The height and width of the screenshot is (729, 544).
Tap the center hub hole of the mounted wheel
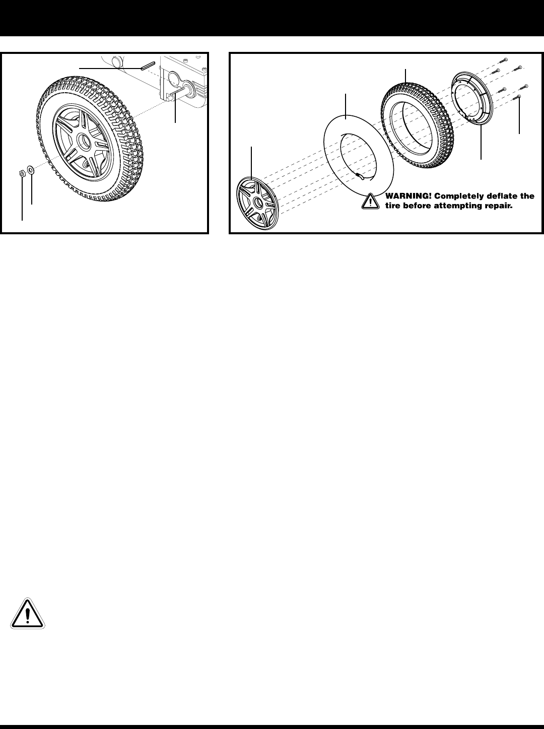(x=81, y=140)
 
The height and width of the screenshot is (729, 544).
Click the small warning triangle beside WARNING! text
(x=371, y=202)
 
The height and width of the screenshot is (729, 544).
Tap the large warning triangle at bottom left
(x=28, y=613)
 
